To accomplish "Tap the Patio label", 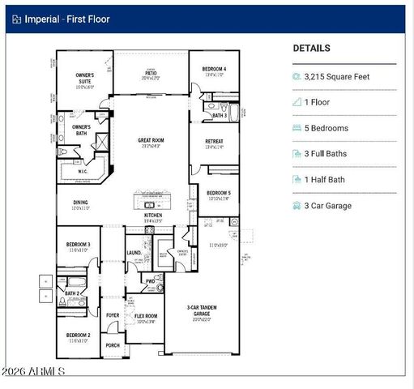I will (x=151, y=73).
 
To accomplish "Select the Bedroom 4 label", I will (x=214, y=70).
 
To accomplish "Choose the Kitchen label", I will (x=153, y=215).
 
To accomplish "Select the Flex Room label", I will (x=146, y=316).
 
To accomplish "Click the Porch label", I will (x=113, y=345).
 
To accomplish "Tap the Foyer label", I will (x=113, y=315).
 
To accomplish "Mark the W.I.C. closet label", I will (x=83, y=171).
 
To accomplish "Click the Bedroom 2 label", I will (x=78, y=335).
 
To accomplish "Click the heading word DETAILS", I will (x=311, y=49).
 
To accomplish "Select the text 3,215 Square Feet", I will (x=338, y=76).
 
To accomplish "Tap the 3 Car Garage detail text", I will (x=328, y=206).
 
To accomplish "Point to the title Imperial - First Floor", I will (x=66, y=19).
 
